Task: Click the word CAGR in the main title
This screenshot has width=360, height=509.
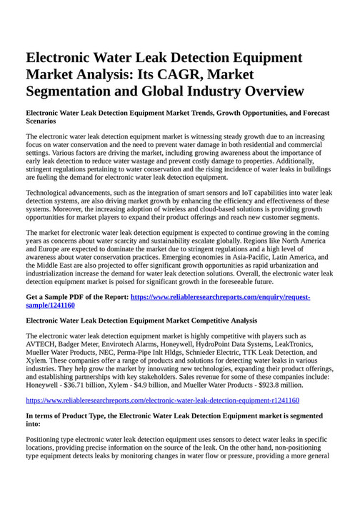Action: (184, 74)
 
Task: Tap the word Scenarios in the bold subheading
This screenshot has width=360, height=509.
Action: (41, 121)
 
